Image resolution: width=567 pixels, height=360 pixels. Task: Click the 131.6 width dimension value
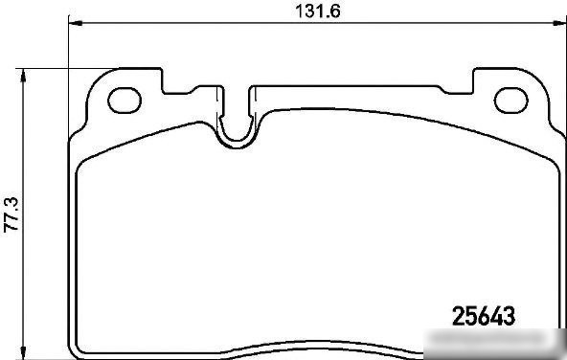tap(318, 11)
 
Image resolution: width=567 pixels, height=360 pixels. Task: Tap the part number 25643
tap(484, 316)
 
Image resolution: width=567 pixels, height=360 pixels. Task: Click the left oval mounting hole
tap(125, 101)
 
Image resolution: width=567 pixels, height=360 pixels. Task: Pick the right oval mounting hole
tap(510, 101)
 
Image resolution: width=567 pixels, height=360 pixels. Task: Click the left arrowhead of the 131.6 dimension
tap(76, 23)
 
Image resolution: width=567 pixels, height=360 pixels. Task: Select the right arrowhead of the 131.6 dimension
tap(559, 23)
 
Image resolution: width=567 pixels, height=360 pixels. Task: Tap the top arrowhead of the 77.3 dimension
tap(23, 76)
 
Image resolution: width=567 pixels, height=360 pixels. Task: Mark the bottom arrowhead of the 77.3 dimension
tap(23, 352)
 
